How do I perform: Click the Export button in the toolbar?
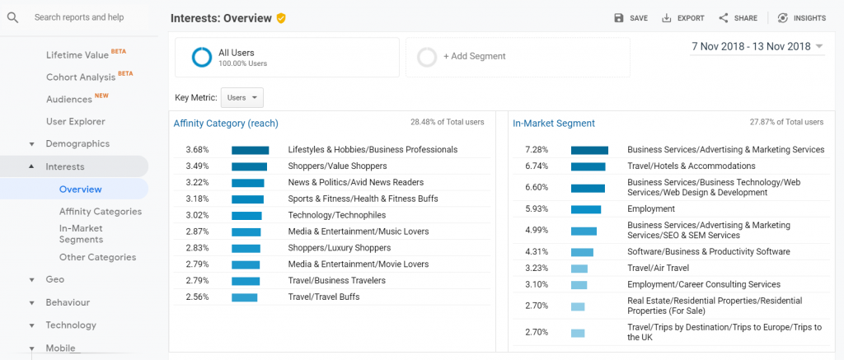(682, 18)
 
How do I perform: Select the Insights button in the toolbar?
(801, 18)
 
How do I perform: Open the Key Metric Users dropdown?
(242, 98)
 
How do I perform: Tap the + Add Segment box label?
(474, 56)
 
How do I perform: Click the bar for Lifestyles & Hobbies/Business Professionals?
(251, 150)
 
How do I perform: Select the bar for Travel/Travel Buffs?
(244, 297)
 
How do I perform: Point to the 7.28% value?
(537, 150)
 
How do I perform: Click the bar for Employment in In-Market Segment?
(586, 209)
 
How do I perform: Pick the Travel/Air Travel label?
(659, 268)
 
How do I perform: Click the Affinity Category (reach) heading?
(226, 124)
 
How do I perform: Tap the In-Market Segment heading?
(554, 124)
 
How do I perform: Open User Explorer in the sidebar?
(75, 122)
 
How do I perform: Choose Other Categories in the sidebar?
(97, 257)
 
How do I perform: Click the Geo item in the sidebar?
(55, 279)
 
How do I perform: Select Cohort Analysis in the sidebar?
(81, 77)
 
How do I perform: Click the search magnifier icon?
(13, 18)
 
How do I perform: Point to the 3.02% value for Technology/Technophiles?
(197, 215)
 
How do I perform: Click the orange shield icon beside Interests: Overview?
(281, 18)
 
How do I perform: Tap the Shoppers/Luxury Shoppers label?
(339, 248)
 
